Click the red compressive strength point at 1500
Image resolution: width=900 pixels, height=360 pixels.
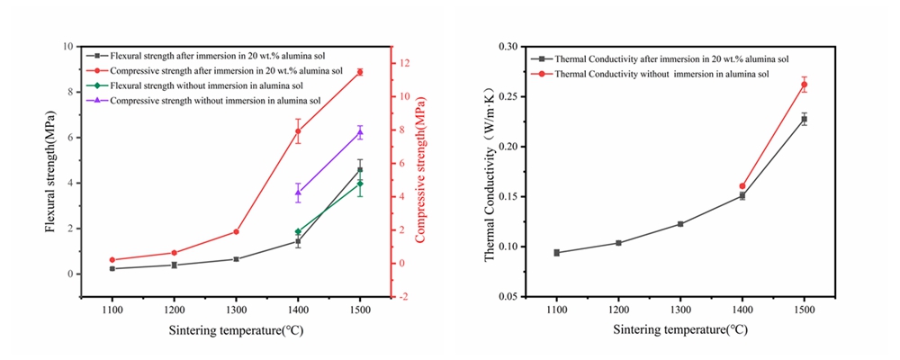360,72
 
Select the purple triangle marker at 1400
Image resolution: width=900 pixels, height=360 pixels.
298,192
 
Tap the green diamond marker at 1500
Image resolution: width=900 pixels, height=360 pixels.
360,184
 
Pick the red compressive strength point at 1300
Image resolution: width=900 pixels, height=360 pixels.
236,231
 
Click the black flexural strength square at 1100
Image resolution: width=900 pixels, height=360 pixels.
112,268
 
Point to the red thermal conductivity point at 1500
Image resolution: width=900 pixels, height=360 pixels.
804,85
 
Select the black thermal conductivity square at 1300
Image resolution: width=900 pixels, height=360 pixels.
680,223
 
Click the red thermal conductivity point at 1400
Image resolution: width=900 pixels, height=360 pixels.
742,186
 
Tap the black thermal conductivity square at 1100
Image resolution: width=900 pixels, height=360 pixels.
557,253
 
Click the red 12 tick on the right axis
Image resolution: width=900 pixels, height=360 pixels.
406,63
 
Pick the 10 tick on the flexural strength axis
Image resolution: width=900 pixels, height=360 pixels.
67,47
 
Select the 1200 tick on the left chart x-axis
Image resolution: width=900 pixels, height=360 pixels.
174,309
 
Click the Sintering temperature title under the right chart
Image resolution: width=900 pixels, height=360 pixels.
680,329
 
